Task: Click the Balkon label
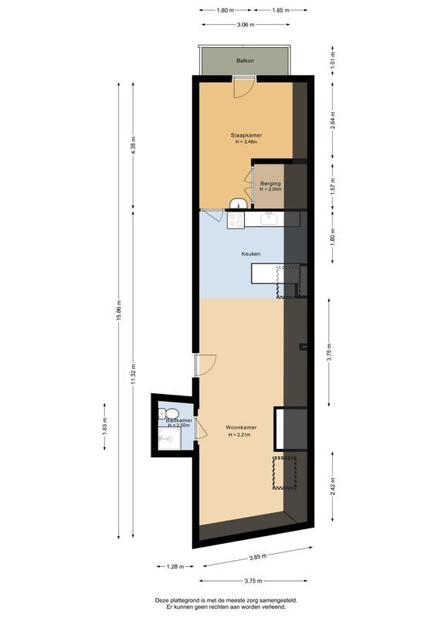245,60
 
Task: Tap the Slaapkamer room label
246,136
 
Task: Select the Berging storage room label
271,183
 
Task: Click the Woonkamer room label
241,426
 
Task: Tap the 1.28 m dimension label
175,567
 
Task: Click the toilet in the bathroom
171,411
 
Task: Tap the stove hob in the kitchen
235,219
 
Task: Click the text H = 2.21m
241,435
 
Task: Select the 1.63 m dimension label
105,426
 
